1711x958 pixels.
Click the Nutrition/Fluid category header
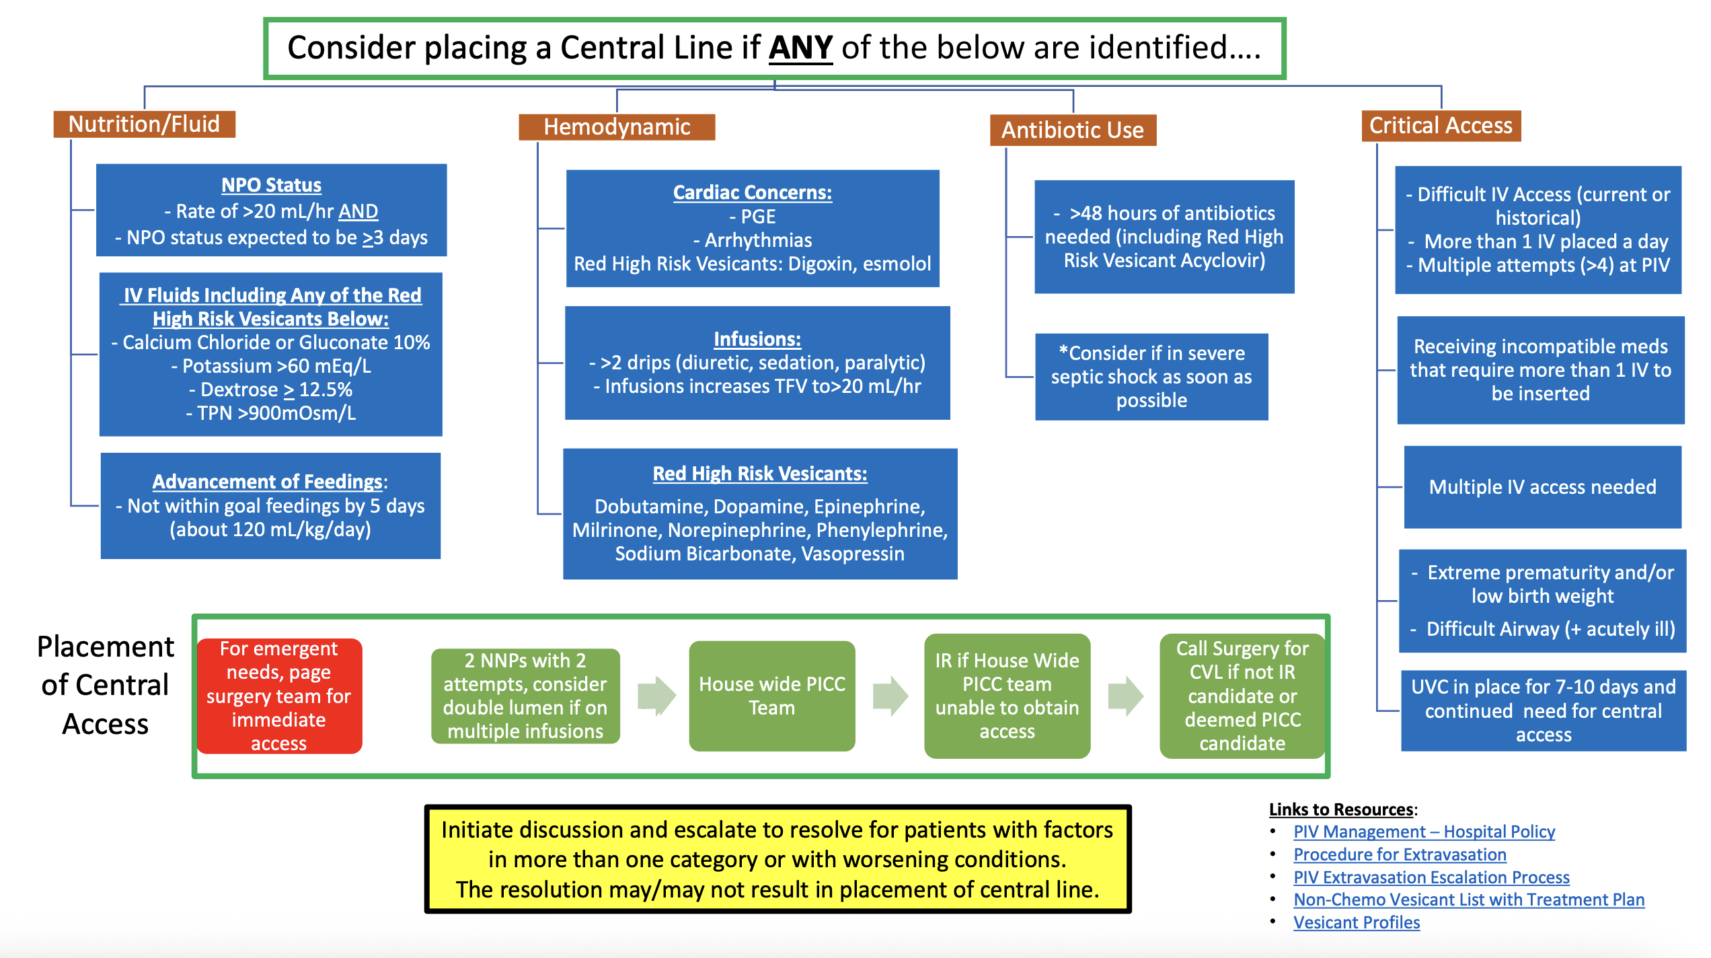click(145, 124)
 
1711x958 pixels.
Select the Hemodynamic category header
click(617, 127)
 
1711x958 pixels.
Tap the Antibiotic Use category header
click(1073, 130)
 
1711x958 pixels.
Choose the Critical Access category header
click(1441, 126)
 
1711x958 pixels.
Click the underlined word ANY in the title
click(800, 48)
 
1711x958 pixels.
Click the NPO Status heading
click(272, 185)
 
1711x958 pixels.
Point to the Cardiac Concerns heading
click(753, 192)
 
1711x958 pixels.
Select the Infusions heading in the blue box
click(757, 339)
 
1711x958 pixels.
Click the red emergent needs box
click(279, 696)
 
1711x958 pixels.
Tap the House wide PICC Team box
click(772, 696)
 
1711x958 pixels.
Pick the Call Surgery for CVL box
click(1242, 696)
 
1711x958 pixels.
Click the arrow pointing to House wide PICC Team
click(656, 696)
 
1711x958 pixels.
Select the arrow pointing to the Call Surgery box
click(1126, 696)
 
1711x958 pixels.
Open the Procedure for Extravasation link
click(1400, 854)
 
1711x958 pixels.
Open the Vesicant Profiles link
click(1357, 922)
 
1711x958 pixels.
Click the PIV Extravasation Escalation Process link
click(1431, 877)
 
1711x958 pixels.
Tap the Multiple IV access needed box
click(1543, 487)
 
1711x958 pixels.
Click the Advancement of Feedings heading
click(268, 482)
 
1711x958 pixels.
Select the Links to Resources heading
click(1342, 809)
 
